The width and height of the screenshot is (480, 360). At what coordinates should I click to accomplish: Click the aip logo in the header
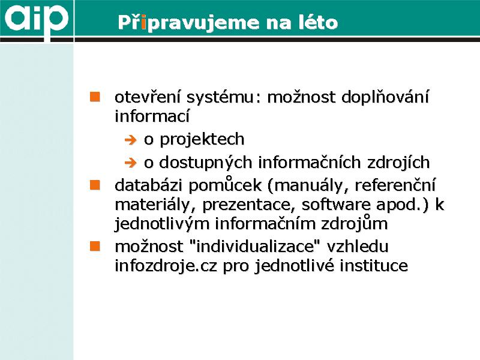click(36, 19)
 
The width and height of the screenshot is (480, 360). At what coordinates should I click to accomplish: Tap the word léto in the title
click(318, 22)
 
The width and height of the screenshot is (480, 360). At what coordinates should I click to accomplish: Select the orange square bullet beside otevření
click(95, 97)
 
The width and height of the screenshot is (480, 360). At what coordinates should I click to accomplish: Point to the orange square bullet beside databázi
click(95, 185)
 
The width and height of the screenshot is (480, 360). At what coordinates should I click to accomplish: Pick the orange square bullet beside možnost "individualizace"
click(95, 246)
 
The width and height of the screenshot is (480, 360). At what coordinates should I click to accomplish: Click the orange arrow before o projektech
click(131, 140)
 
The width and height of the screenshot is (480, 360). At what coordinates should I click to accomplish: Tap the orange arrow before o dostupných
click(131, 163)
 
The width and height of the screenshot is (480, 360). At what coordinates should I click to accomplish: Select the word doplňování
click(385, 97)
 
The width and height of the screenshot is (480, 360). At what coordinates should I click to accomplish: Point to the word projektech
click(202, 140)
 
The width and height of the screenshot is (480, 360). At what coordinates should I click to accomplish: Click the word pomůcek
click(225, 185)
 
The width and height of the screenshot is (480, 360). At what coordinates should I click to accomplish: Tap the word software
click(336, 205)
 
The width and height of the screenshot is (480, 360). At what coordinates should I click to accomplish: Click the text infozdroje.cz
click(166, 265)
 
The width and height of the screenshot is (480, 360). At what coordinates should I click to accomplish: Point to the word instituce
click(374, 265)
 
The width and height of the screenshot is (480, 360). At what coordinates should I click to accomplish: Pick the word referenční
click(395, 185)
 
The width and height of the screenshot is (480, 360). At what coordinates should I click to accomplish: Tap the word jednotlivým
click(162, 224)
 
